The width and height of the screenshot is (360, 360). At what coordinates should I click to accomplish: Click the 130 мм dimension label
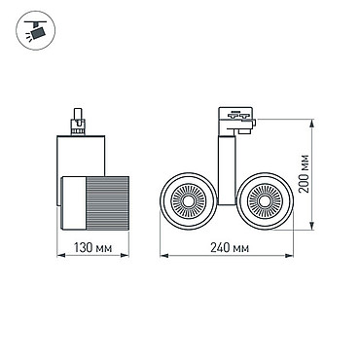tap(93, 248)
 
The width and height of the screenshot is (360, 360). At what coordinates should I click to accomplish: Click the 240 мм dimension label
tap(230, 248)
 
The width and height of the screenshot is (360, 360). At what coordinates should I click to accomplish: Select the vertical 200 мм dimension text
tap(304, 173)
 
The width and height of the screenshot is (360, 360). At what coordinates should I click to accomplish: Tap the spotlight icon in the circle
tap(36, 30)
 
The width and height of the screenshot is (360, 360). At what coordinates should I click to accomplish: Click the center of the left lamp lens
tap(188, 201)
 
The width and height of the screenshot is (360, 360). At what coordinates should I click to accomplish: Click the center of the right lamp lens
tap(265, 201)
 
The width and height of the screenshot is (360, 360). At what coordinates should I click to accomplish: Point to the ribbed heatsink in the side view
tap(107, 202)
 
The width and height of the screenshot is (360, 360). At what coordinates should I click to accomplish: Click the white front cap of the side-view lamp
tap(74, 202)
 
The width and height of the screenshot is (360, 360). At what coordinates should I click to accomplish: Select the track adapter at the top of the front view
tap(236, 121)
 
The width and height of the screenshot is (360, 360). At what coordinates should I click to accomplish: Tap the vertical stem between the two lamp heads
tap(227, 170)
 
